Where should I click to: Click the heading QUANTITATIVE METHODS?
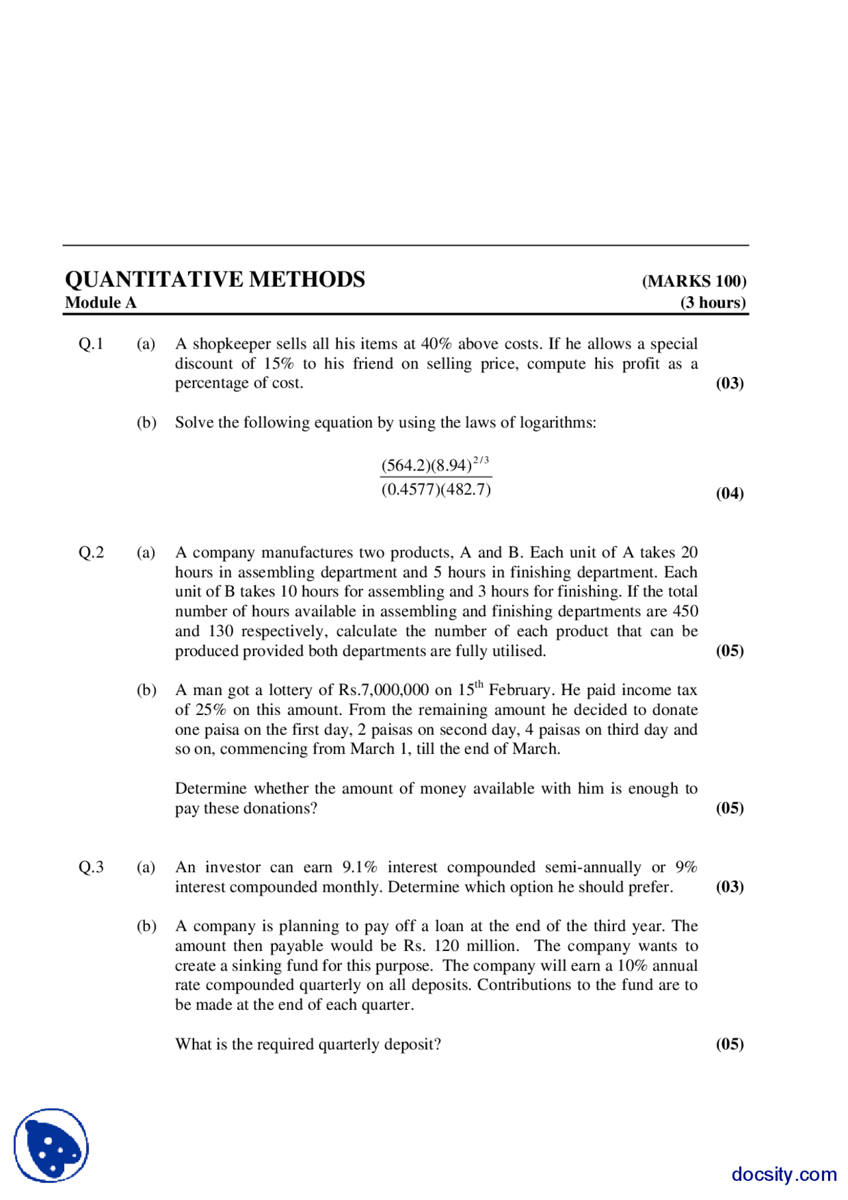tap(215, 280)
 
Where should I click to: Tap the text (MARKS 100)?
tap(694, 282)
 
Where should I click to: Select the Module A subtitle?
tap(101, 303)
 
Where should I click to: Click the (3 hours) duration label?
tap(713, 303)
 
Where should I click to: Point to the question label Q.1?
tap(91, 344)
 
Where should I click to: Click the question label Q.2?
tap(91, 553)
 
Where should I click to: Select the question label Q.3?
tap(91, 867)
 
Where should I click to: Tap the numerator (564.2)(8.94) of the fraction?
tap(426, 466)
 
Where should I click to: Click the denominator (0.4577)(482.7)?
tap(436, 490)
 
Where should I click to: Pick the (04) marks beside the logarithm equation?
tap(729, 494)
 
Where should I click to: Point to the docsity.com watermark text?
tap(784, 1174)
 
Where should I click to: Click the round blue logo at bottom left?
tap(51, 1146)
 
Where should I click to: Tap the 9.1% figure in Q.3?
tap(360, 867)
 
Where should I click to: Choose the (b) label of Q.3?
tap(146, 926)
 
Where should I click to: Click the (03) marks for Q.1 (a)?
tap(729, 384)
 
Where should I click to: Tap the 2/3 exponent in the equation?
tap(481, 460)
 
